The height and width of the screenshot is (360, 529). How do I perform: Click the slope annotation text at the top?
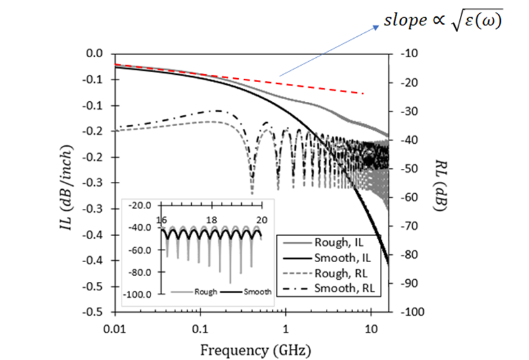pos(443,21)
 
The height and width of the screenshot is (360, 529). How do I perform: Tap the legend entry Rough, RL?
pos(338,274)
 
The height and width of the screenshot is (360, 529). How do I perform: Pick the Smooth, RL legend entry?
pos(342,288)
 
